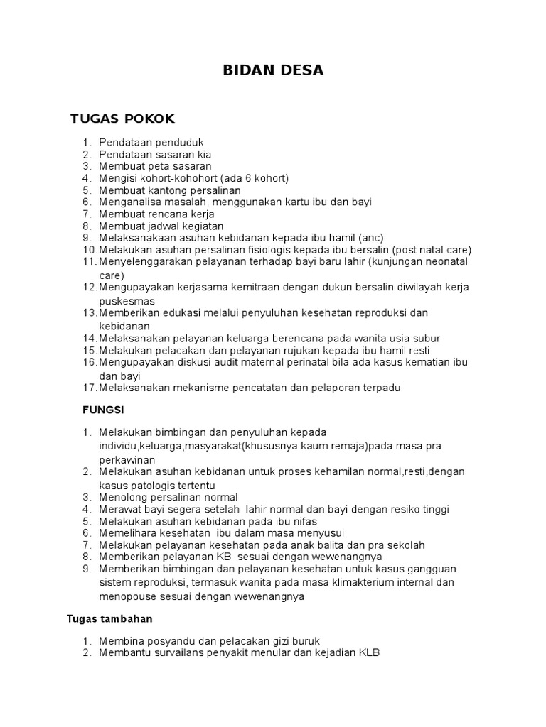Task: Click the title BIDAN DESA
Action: tap(273, 70)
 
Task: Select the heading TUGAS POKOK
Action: tap(122, 118)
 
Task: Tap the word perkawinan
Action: tap(127, 459)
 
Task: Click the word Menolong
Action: tap(122, 497)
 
